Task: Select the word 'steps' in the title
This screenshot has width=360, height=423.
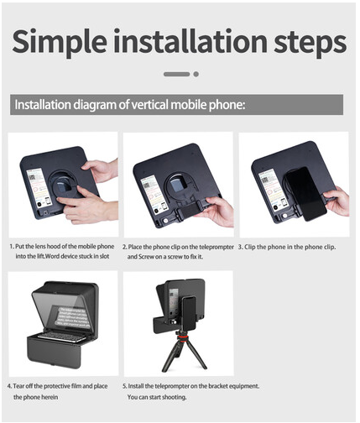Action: tap(306, 41)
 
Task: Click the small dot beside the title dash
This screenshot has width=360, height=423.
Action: tap(196, 74)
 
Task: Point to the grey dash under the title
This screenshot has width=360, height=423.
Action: tap(176, 74)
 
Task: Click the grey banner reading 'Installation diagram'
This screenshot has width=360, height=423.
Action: tap(176, 105)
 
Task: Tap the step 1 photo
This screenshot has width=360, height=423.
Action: tap(63, 184)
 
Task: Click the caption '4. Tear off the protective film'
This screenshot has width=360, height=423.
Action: tap(59, 390)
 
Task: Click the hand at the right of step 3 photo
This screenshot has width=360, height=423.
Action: tap(337, 201)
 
